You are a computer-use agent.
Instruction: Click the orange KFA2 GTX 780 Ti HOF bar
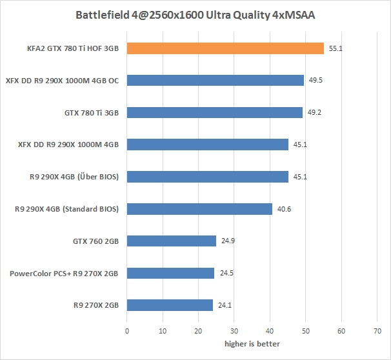click(x=225, y=48)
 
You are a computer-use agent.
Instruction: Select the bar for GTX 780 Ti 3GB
click(x=215, y=112)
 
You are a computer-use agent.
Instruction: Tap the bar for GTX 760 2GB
click(x=172, y=241)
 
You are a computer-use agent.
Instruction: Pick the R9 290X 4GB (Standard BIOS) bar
click(x=199, y=209)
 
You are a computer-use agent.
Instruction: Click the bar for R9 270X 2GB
click(x=170, y=305)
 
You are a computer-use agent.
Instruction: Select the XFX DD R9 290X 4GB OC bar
click(x=216, y=80)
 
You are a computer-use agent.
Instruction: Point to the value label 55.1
click(x=335, y=48)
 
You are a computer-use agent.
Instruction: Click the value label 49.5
click(x=315, y=80)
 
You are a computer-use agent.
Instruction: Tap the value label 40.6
click(x=283, y=209)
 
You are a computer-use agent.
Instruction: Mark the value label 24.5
click(x=226, y=273)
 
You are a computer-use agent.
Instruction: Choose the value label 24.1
click(x=225, y=305)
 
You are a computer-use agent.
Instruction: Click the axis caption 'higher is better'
click(x=252, y=344)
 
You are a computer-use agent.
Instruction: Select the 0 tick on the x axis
click(x=127, y=331)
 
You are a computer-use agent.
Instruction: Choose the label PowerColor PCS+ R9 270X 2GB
click(x=64, y=273)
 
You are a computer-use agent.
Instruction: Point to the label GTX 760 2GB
click(x=95, y=241)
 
